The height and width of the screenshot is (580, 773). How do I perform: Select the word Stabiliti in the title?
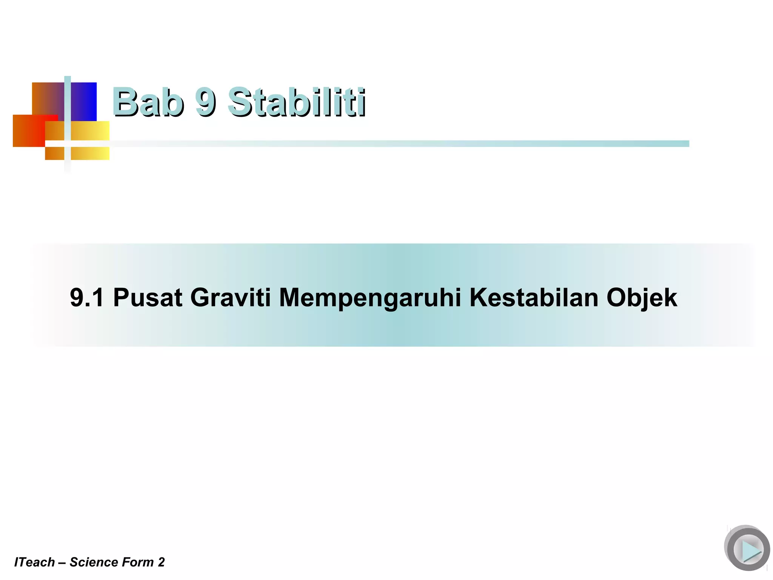297,102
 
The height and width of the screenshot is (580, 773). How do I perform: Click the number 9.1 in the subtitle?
87,298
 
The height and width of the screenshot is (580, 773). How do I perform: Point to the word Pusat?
148,298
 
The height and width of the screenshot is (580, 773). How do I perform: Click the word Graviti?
231,298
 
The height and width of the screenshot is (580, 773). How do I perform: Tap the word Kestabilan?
534,298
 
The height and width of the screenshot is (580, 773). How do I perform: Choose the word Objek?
642,298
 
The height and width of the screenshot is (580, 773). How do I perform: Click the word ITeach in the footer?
34,562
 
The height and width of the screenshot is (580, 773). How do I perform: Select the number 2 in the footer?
162,562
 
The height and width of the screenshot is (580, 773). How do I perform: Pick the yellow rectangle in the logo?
90,131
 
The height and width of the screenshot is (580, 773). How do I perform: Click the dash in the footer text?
62,563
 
